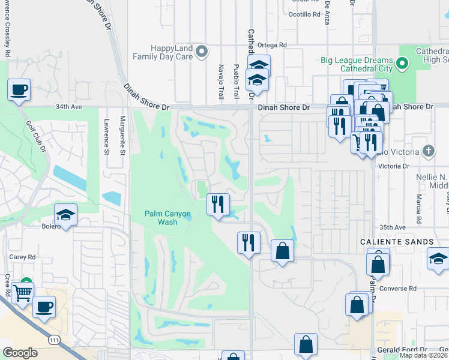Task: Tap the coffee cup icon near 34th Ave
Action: click(19, 90)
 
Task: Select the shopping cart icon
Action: click(22, 293)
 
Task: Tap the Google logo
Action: click(20, 353)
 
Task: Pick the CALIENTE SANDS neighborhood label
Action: click(397, 242)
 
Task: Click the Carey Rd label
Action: click(22, 257)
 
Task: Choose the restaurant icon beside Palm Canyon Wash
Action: click(218, 204)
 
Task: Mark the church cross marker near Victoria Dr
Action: click(427, 151)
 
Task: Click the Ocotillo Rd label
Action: click(304, 14)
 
